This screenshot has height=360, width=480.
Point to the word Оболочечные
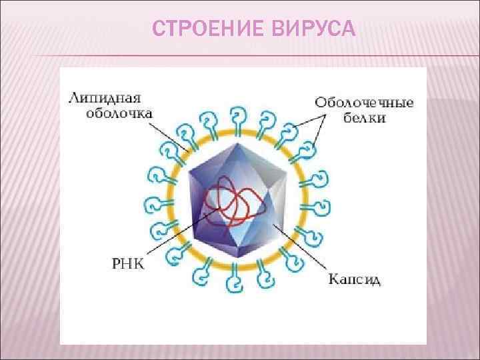pos(364,103)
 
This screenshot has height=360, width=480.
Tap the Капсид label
pos(355,280)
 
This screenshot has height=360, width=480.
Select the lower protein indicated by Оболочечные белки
pos(307,151)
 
